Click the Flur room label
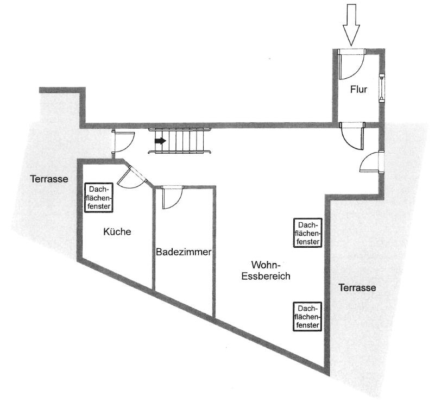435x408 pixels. [x=358, y=90]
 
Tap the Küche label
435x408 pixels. [x=117, y=231]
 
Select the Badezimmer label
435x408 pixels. [x=184, y=252]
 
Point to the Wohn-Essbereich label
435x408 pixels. [x=266, y=271]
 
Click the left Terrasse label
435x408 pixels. [x=49, y=179]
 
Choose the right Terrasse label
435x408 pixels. [x=357, y=287]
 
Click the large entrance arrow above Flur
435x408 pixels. [x=351, y=25]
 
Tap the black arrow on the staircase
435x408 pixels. [x=160, y=141]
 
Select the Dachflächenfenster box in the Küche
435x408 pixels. [x=99, y=198]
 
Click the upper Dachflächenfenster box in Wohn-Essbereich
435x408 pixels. [x=308, y=233]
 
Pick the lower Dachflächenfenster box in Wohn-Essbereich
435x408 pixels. [x=308, y=317]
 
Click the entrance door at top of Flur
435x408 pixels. [x=351, y=65]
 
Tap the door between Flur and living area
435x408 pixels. [x=352, y=136]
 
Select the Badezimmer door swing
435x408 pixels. [x=172, y=197]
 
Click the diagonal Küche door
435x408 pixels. [x=132, y=177]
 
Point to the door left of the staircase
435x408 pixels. [x=123, y=142]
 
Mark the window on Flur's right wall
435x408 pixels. [x=382, y=88]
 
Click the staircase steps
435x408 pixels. [x=180, y=141]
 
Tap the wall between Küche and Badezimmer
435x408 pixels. [x=153, y=238]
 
